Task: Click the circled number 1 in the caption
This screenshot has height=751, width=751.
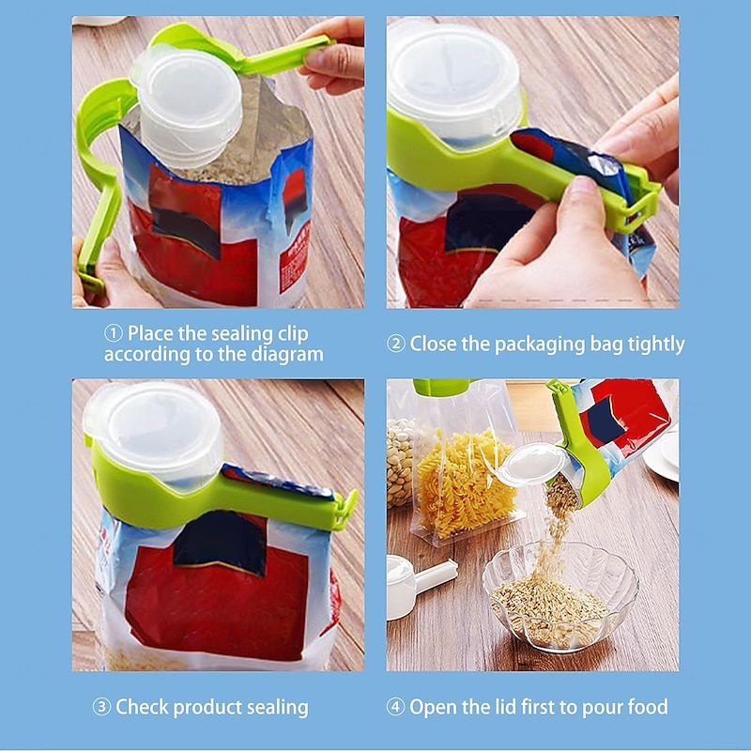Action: coord(114,333)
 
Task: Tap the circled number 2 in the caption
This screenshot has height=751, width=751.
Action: coord(396,344)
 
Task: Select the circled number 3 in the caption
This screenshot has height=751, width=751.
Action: coord(101,707)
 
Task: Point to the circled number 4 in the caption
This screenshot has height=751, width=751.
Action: coord(396,707)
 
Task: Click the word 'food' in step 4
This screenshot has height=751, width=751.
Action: coord(647,707)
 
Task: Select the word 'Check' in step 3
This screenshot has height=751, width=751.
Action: coord(145,707)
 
